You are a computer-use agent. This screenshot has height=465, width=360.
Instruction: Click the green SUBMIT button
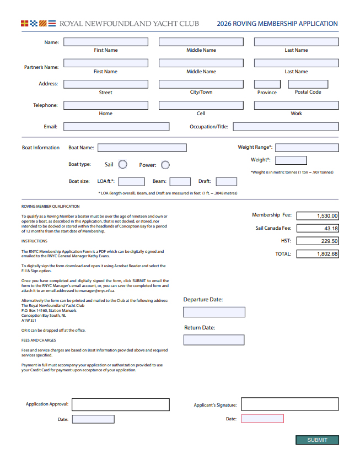coord(317,440)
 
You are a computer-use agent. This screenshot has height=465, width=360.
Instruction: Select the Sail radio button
coord(123,165)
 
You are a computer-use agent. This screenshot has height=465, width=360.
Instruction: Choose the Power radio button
coord(165,165)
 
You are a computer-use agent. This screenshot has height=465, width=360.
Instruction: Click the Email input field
coord(116,127)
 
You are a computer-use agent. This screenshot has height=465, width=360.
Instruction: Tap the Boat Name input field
coord(142,148)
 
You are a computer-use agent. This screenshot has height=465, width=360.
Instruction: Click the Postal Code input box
coord(308,84)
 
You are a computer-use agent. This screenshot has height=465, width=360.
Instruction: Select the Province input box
coord(267,84)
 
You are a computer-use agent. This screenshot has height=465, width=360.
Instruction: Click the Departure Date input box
coord(214,312)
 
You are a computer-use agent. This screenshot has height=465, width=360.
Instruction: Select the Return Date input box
coord(214,340)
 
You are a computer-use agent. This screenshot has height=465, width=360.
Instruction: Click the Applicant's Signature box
coord(289,404)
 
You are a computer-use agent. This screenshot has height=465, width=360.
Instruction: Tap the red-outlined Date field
coord(262,419)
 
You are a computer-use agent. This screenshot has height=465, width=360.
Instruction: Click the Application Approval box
coord(120,404)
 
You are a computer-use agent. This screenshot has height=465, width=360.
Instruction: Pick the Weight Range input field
coord(307,148)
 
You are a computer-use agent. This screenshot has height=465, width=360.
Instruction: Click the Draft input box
coord(226,182)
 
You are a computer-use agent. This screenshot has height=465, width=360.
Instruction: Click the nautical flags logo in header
coord(38,24)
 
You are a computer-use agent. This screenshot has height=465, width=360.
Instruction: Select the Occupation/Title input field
coord(286,127)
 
